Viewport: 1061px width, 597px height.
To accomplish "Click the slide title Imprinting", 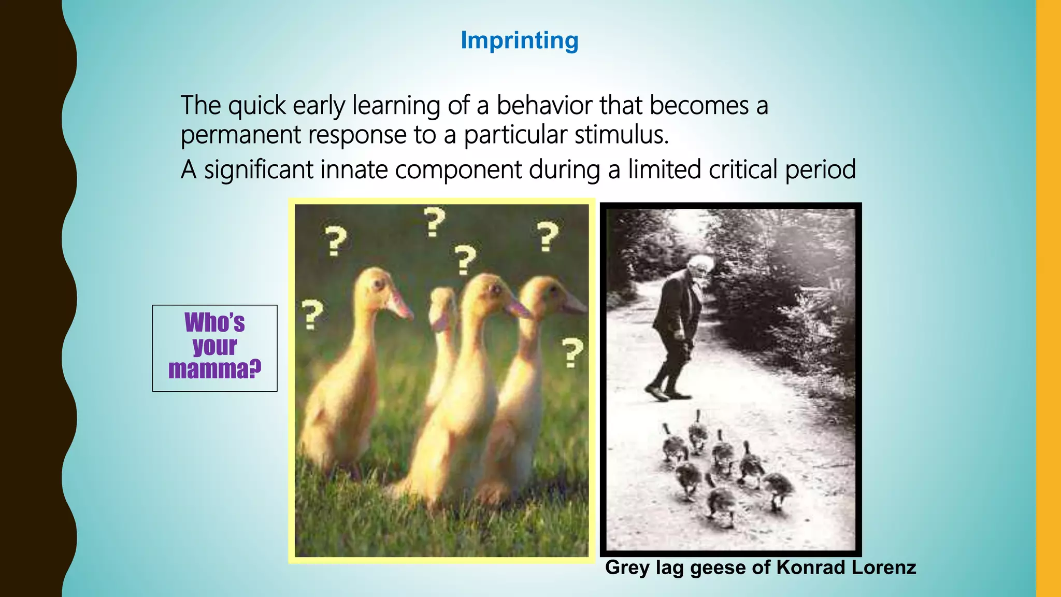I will (x=519, y=40).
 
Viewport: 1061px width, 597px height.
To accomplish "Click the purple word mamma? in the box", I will (x=214, y=369).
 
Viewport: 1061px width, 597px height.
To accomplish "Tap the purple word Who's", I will (x=214, y=322).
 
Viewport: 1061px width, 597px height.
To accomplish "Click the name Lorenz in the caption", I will (x=883, y=567).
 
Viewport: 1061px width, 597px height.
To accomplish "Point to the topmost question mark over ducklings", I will (x=434, y=222).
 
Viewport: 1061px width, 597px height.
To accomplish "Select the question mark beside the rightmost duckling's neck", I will (x=572, y=352).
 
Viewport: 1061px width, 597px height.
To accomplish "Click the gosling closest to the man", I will (x=697, y=430).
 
